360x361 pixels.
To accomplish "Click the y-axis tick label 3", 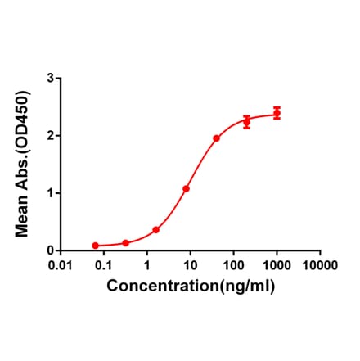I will (51, 78).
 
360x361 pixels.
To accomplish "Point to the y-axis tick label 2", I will (51, 135).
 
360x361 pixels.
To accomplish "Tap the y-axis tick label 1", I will (51, 192).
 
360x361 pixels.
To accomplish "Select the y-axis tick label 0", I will (51, 250).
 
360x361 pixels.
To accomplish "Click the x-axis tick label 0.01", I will (60, 266).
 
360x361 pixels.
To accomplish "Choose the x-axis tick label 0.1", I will (104, 266).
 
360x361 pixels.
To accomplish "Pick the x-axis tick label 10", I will (191, 266).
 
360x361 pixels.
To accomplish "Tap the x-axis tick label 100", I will (234, 266).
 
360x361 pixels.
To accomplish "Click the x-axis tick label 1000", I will (277, 266).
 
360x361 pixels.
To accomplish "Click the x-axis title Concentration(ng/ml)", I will (191, 286).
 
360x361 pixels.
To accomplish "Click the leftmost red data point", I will (95, 246).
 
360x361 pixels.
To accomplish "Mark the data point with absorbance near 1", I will (186, 189).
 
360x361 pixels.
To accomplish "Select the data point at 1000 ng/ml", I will (277, 113).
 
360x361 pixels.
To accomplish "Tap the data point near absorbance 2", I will (216, 138).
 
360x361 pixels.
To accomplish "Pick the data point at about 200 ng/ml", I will (246, 122).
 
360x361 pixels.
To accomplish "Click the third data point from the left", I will (155, 230).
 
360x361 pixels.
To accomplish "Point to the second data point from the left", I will (125, 243).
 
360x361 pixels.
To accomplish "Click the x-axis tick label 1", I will (147, 266).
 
